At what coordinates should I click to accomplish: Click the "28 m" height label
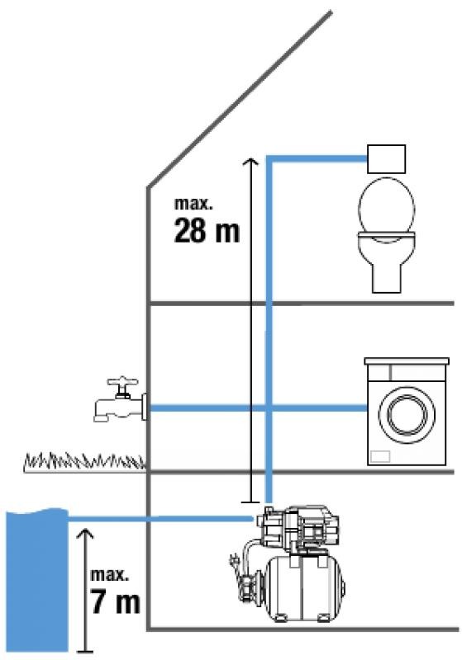(207, 230)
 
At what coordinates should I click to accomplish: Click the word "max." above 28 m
(193, 204)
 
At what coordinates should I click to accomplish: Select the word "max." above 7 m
(109, 574)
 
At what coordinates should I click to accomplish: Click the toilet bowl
(386, 235)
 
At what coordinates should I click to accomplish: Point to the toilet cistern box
(387, 158)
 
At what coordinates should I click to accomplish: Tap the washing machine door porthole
(407, 414)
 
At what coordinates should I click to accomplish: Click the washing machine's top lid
(407, 361)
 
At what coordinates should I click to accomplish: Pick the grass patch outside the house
(84, 462)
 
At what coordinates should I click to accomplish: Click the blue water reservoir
(37, 580)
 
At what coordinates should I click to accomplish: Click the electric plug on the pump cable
(233, 561)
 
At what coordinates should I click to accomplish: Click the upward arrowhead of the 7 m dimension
(86, 533)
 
